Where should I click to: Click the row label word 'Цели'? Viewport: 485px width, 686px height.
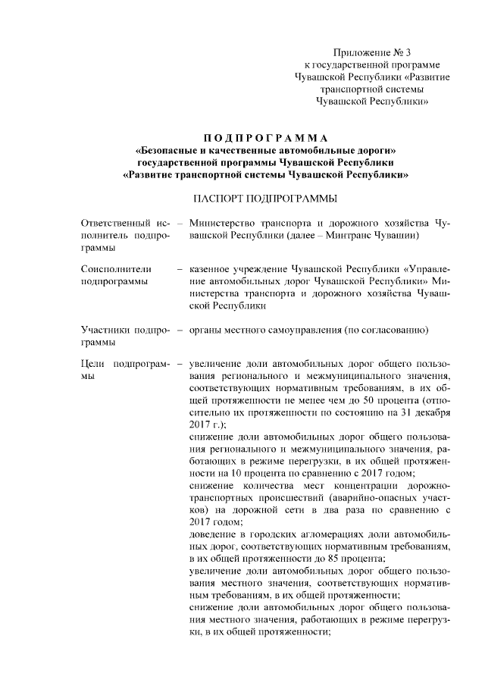(x=94, y=362)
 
